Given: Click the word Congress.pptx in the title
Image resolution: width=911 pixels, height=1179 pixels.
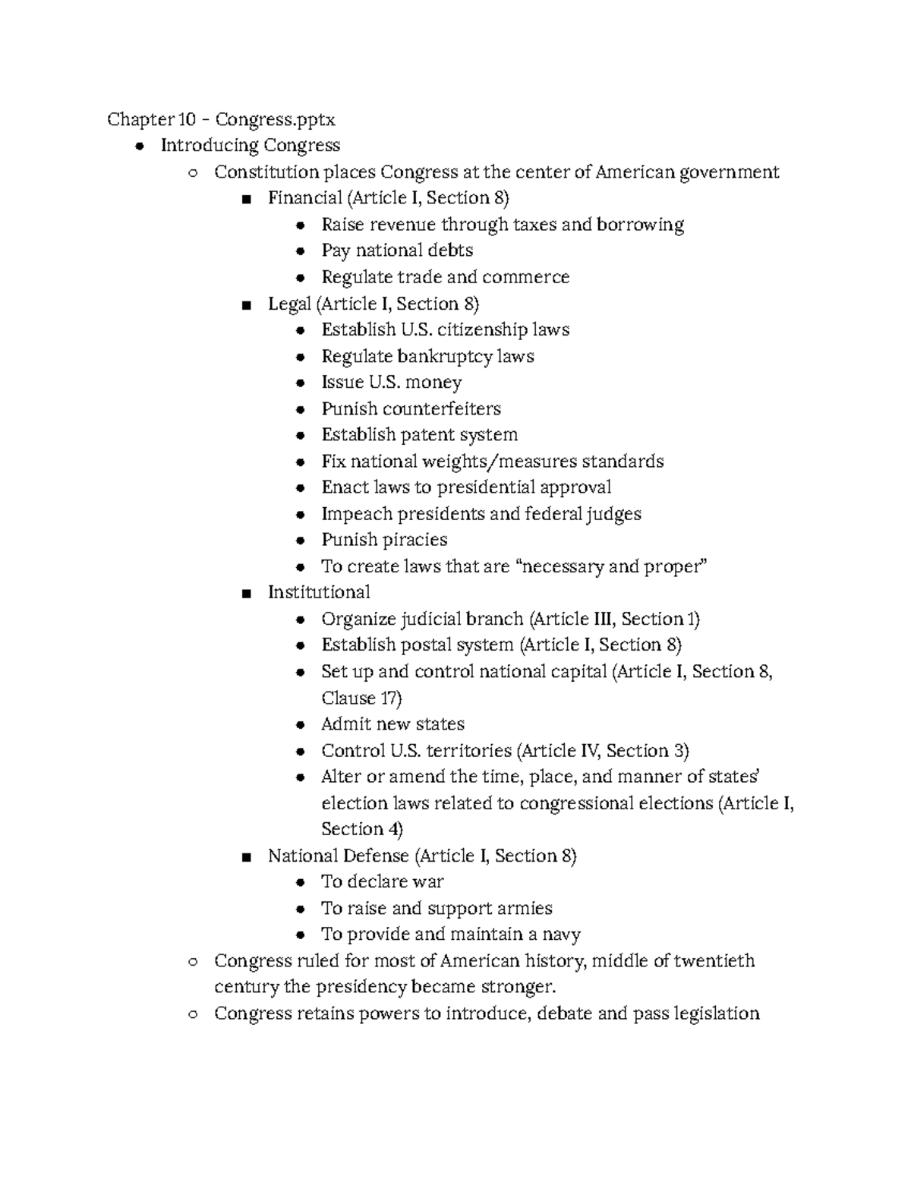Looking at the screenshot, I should pos(275,119).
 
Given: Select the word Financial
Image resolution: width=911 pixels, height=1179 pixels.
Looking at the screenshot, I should pos(305,198).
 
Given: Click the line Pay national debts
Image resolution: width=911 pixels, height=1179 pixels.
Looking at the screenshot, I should pos(396,251).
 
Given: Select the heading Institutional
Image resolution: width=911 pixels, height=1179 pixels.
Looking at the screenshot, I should pos(319,592).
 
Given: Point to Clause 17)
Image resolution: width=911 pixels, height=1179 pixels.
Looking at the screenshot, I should pos(361,698).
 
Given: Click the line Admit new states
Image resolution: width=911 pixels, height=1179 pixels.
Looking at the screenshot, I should pos(392,724).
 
